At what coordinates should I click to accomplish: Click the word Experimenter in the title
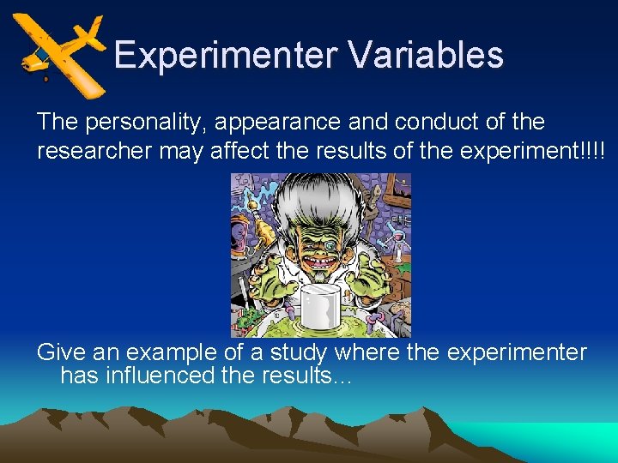click(226, 55)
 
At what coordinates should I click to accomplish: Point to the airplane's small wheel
click(45, 79)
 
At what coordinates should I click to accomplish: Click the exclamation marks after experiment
click(592, 151)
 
